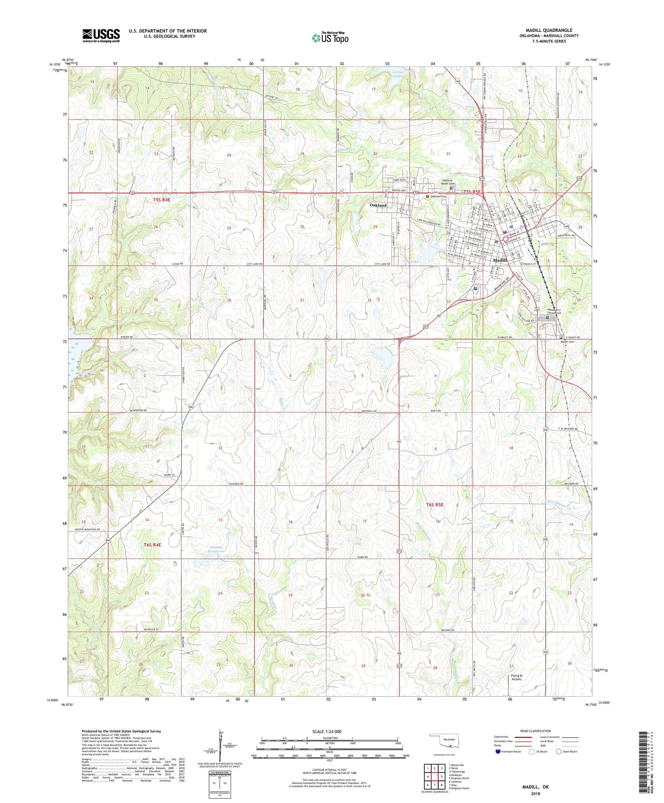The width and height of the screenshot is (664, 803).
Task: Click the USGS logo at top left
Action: (x=101, y=35)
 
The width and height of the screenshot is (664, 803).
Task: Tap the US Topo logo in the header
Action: (x=330, y=38)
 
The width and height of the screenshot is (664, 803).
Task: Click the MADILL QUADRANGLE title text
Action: (x=548, y=30)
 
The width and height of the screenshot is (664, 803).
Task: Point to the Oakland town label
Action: (x=378, y=205)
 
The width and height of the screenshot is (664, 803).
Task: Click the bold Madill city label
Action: (x=499, y=260)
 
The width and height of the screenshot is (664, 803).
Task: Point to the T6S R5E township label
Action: (x=434, y=504)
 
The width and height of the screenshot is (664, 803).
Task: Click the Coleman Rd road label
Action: (x=235, y=484)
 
